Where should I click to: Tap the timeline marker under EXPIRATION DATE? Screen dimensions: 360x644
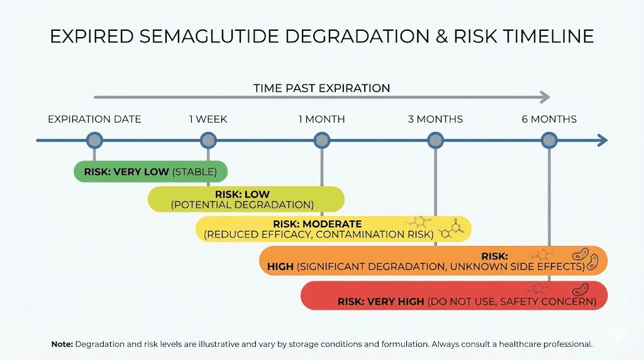coord(94,140)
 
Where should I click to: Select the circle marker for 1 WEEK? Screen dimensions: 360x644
coord(208,140)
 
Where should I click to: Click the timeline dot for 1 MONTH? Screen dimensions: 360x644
coord(321,140)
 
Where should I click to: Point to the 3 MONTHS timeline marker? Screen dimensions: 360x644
coord(435,140)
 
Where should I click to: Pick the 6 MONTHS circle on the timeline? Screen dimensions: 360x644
coord(549,140)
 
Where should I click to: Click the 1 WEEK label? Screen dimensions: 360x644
coord(208,119)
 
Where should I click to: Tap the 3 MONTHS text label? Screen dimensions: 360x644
coord(435,119)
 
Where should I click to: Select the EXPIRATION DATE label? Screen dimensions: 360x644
coord(94,119)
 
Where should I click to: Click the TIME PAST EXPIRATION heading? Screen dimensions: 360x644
coord(321,88)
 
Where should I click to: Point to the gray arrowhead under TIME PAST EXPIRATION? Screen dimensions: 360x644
coord(545,98)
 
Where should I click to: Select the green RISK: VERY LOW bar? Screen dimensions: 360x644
coord(150,171)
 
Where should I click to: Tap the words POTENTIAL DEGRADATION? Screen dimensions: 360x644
coord(242,205)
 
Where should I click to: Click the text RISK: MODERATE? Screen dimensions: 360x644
coord(317,224)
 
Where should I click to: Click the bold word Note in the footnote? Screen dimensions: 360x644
coord(62,344)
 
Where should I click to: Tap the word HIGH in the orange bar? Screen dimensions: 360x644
coord(280,266)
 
